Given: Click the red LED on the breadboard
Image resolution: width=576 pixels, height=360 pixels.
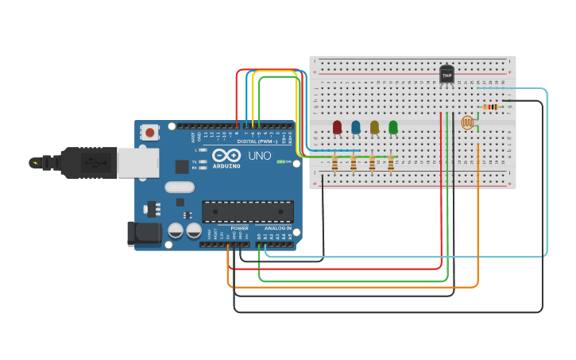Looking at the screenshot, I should pos(337,126).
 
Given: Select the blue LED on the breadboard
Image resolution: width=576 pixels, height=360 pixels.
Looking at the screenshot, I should pos(356,126).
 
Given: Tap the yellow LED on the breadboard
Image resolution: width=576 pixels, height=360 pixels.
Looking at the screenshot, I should pos(374,126).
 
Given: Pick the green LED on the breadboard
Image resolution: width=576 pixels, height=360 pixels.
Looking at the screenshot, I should pos(393,126).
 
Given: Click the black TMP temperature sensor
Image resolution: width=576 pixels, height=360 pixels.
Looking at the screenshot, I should pos(446,75).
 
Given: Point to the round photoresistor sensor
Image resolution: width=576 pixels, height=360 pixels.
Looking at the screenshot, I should pos(467,122).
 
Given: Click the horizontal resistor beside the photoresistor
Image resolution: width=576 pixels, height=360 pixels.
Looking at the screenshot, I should pos(491,107).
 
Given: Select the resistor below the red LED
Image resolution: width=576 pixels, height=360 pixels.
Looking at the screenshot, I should pos(334,164).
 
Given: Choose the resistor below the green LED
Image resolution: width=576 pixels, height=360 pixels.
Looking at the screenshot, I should pos(391,164).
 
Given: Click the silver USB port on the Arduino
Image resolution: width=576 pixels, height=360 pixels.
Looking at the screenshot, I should pos(137,162).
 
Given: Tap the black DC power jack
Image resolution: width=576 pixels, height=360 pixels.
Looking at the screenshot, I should pos(143,234).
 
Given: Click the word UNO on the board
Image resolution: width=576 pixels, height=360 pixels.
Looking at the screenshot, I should pos(259,156).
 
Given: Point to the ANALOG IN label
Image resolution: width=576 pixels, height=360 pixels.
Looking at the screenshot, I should pos(277,228).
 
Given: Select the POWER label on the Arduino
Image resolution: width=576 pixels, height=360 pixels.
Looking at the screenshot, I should pos(239,228).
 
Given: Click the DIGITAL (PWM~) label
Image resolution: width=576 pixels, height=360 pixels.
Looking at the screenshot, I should pos(257,141).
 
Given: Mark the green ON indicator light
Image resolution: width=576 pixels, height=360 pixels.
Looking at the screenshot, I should pos(279,161).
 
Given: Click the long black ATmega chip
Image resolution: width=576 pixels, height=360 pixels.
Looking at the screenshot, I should pos(248,211).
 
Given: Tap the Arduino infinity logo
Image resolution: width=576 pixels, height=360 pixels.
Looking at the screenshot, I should pos(226,155).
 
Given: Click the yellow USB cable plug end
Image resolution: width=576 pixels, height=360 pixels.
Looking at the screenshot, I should pos(35,163).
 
